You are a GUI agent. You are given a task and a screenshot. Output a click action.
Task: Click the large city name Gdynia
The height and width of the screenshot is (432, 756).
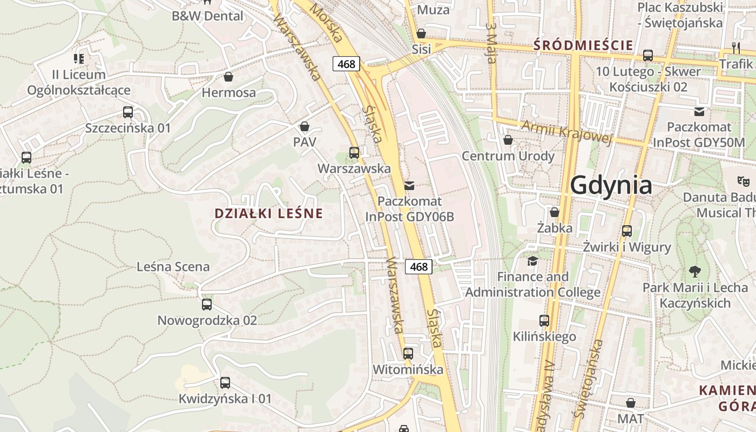[611, 185]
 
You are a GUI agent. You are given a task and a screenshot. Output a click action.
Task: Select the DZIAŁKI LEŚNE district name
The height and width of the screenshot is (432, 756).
[268, 213]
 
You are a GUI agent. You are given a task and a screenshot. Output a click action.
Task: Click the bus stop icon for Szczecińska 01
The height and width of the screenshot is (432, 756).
[128, 112]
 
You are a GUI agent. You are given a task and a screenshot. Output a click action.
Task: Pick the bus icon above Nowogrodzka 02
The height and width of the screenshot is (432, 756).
[207, 305]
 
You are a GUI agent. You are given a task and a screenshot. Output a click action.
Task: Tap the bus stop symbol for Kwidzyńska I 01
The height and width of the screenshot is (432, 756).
[225, 383]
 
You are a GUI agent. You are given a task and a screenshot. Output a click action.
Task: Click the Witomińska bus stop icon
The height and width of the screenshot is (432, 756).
[408, 354]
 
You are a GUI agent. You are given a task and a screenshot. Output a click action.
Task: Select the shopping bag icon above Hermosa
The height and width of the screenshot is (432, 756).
[228, 77]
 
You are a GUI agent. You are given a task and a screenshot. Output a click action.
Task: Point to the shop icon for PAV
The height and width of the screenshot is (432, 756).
[305, 126]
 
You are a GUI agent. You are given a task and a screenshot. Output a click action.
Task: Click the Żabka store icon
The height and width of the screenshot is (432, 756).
[555, 212]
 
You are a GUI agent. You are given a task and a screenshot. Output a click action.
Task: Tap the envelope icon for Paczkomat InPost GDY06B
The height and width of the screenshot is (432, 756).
[409, 186]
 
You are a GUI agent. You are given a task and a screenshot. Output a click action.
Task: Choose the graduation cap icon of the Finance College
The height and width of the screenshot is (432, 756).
[533, 261]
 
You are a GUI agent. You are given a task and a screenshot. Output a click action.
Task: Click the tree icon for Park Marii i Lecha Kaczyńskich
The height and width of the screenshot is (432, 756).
[695, 272]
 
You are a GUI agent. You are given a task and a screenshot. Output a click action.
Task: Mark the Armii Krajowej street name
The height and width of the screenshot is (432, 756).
[567, 133]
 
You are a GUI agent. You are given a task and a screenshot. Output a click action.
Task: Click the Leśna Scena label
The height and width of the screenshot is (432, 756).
[173, 267]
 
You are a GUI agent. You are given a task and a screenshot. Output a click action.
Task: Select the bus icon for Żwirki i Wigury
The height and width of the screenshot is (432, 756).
[627, 231]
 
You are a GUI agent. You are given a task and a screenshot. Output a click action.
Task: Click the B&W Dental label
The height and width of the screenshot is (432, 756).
[207, 16]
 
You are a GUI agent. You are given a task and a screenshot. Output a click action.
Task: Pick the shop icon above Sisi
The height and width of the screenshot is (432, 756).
[421, 33]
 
